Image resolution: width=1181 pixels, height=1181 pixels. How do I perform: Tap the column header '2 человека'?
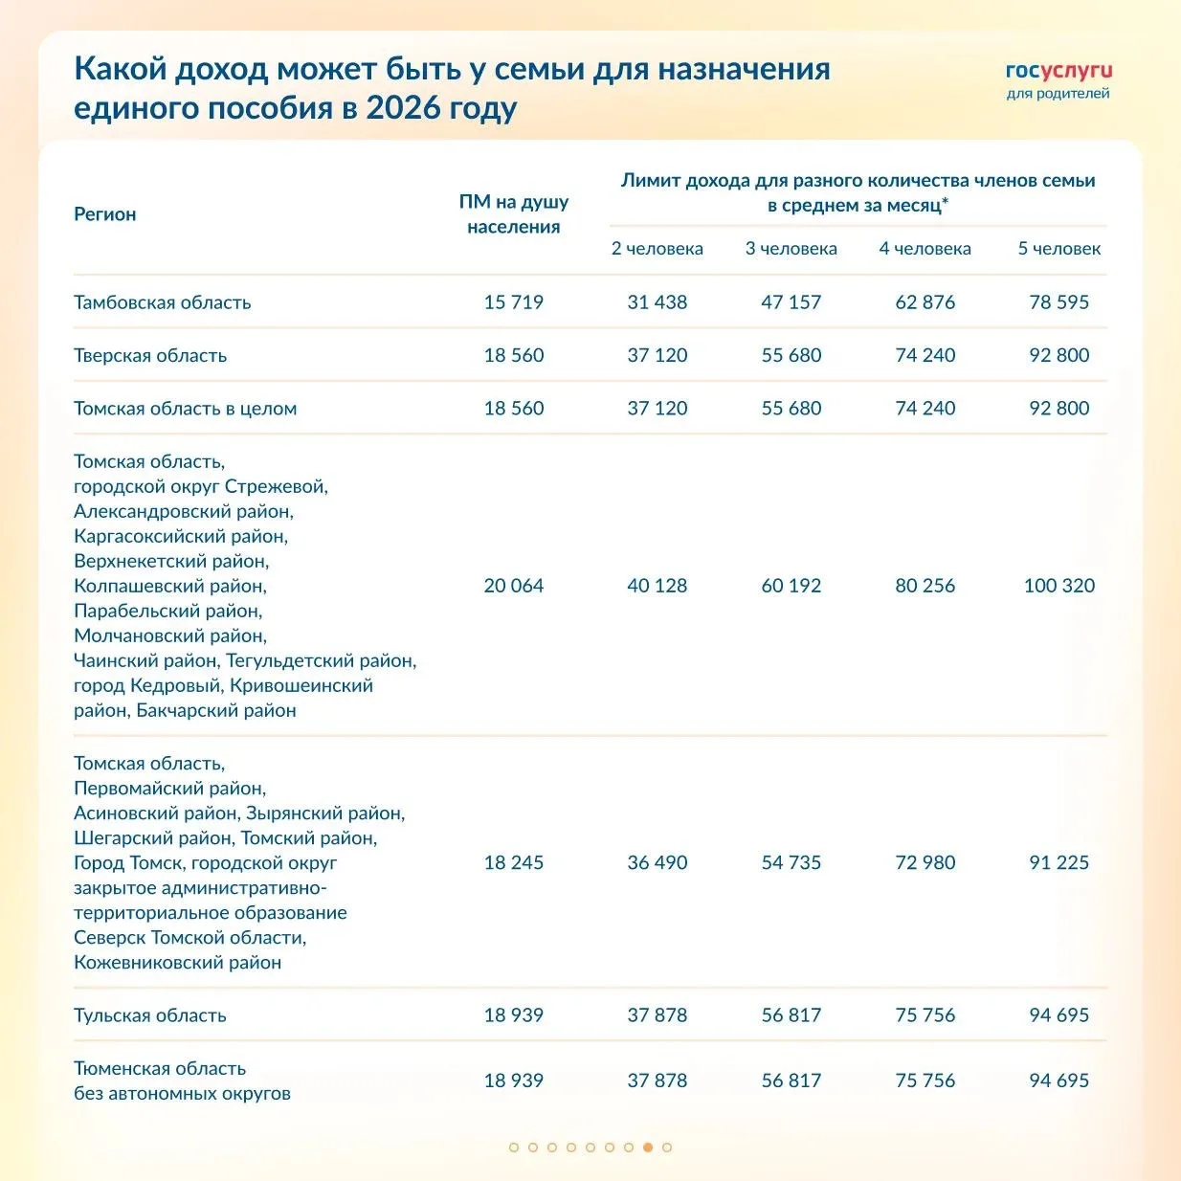[657, 249]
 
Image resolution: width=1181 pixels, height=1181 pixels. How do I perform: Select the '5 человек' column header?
[1058, 249]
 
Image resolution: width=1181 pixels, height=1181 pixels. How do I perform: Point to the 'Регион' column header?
[105, 214]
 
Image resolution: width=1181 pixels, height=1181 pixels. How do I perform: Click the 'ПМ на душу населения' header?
[514, 214]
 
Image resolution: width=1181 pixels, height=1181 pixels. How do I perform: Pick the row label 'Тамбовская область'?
[163, 302]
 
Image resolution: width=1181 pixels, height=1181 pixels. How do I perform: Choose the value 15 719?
[514, 302]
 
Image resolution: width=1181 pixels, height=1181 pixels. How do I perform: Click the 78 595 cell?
[1058, 302]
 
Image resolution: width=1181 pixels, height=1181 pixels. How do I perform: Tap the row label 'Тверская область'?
[150, 355]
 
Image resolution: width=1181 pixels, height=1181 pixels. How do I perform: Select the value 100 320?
[1058, 586]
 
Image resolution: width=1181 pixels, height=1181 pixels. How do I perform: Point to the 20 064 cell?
[514, 586]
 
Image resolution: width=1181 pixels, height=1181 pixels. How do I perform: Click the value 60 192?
[791, 586]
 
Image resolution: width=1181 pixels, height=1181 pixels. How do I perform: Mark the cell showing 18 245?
[514, 862]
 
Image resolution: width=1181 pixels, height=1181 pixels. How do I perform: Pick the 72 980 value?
[925, 862]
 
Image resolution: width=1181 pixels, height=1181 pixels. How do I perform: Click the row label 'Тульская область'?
[150, 1015]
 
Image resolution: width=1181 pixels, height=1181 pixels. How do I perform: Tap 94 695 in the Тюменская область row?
[1058, 1081]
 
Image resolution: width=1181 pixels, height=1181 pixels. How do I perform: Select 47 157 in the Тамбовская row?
[791, 302]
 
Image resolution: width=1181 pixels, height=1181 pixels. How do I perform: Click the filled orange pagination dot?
[648, 1147]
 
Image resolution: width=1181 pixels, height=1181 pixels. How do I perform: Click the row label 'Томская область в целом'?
[186, 409]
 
